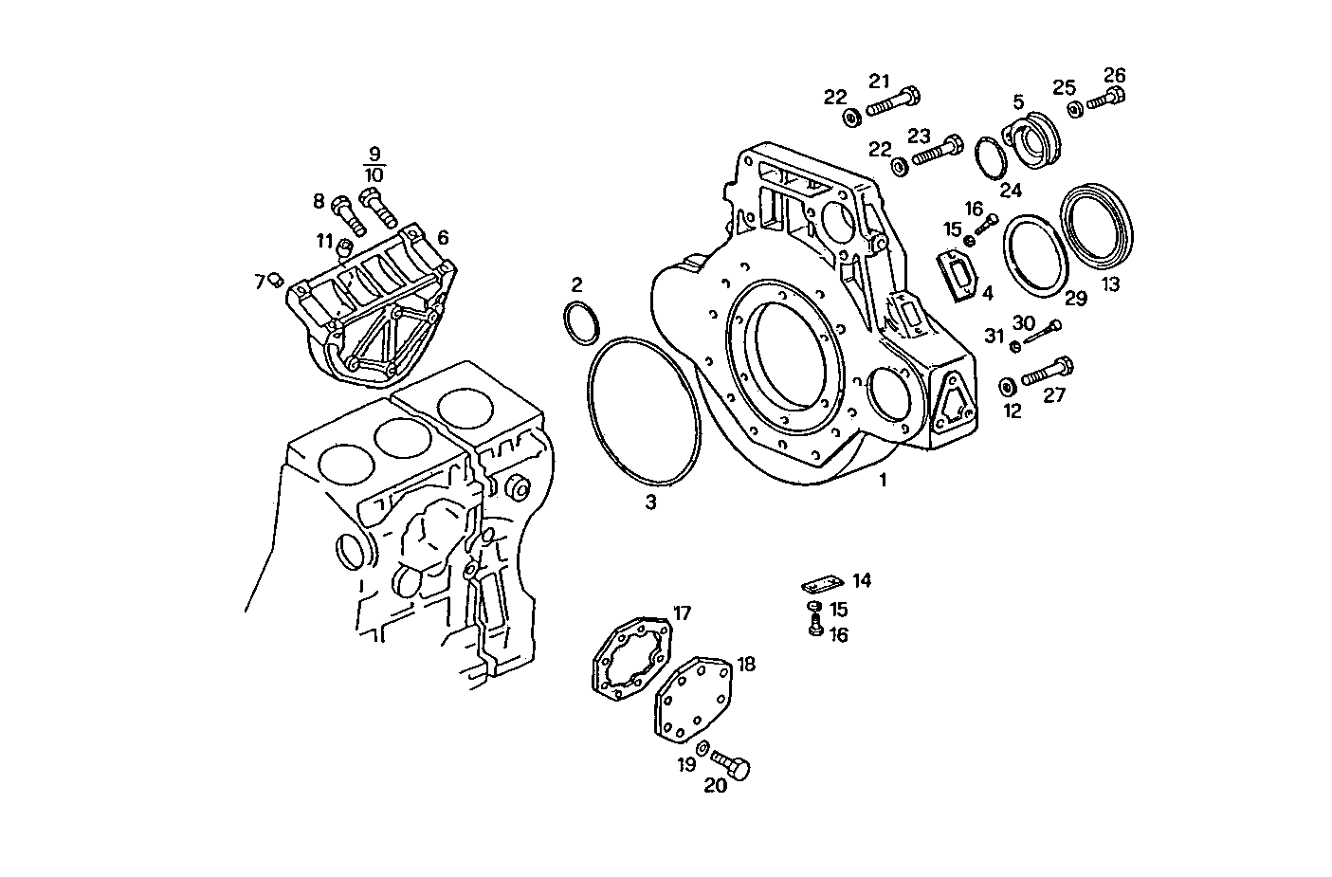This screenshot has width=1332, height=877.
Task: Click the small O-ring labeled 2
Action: tap(581, 322)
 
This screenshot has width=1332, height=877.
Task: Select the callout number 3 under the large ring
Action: tap(650, 502)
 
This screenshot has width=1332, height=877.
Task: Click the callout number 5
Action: tap(1018, 100)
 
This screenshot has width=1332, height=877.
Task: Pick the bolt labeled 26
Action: tap(1105, 97)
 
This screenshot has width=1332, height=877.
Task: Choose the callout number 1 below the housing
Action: tap(883, 480)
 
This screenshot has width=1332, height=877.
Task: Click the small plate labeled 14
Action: tap(822, 583)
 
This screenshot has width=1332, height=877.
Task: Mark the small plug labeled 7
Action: tap(277, 279)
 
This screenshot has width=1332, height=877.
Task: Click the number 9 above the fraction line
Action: tap(374, 154)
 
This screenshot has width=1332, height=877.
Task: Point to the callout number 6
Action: tap(443, 238)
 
